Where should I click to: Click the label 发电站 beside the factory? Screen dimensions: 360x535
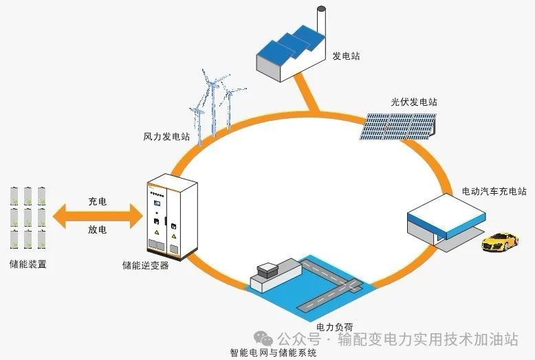pyautogui.click(x=346, y=56)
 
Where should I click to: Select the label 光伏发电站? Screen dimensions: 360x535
pyautogui.click(x=414, y=102)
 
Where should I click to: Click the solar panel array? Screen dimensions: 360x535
pyautogui.click(x=402, y=124)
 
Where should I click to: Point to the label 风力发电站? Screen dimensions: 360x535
pyautogui.click(x=166, y=137)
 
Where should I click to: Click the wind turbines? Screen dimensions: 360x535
pyautogui.click(x=213, y=106)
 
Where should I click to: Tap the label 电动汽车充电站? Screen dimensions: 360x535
pyautogui.click(x=494, y=191)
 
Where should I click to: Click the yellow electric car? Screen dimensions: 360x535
pyautogui.click(x=500, y=241)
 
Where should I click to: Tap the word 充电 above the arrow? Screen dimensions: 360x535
pyautogui.click(x=97, y=202)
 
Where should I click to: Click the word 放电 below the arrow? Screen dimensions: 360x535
pyautogui.click(x=97, y=229)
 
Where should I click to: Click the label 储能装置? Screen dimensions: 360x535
pyautogui.click(x=29, y=264)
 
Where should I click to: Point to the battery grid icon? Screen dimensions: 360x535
pyautogui.click(x=28, y=216)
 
